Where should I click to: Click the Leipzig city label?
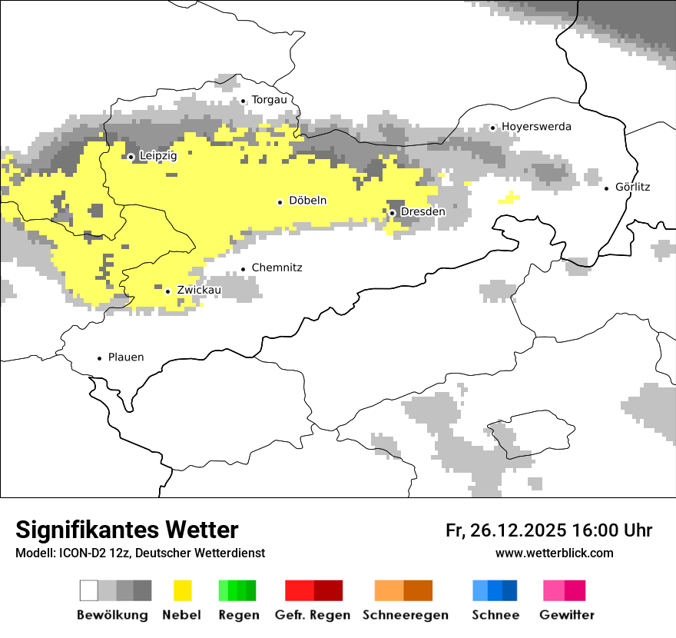pos(158,156)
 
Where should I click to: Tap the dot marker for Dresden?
pos(392,213)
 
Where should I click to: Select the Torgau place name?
pos(269,100)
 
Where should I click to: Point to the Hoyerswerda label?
pos(536,127)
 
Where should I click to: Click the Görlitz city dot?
pos(607,188)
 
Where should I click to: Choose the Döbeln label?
pos(307,201)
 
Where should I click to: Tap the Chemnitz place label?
pos(277,268)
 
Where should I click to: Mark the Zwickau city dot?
pos(167,291)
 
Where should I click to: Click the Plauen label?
pos(126,357)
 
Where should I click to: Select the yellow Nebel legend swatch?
pos(183,590)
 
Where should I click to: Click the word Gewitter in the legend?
pos(567,615)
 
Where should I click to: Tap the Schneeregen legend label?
pos(406,615)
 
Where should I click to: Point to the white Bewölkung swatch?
pos(89,590)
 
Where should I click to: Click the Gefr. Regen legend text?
pos(313,615)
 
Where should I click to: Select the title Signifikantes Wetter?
pos(127,530)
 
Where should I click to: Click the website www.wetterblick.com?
pos(555,553)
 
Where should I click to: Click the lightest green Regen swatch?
pos(224,590)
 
